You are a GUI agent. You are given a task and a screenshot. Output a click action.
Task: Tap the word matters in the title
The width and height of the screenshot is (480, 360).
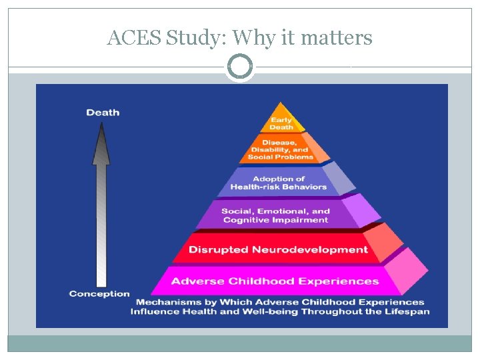click(x=337, y=39)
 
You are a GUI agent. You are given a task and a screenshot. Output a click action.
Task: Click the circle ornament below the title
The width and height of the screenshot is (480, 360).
click(x=240, y=67)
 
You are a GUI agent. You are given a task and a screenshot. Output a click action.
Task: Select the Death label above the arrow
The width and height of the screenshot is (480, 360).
click(x=103, y=112)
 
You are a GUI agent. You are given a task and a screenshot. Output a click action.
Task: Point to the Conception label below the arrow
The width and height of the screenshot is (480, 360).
click(x=99, y=293)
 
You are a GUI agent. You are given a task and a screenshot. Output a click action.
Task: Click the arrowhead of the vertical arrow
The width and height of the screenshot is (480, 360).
click(x=101, y=144)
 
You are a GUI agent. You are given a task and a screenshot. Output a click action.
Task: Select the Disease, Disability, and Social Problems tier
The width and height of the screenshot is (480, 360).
click(x=280, y=149)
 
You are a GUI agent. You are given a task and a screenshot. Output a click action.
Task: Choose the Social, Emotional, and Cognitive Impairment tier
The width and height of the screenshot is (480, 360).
click(x=276, y=215)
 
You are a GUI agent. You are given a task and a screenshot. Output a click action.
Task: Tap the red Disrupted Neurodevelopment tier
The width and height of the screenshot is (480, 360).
click(x=278, y=249)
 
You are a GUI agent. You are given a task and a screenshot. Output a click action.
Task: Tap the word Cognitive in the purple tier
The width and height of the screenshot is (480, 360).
click(x=247, y=220)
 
